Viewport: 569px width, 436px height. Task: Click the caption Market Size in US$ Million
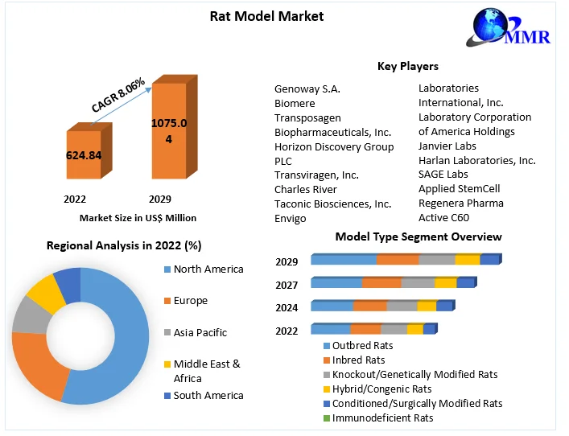tap(138, 217)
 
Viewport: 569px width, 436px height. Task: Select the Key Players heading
tap(407, 66)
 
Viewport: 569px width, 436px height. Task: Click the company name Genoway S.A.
tap(307, 88)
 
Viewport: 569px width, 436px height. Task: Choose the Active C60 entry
tap(443, 217)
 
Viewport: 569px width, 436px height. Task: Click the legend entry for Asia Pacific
tap(200, 332)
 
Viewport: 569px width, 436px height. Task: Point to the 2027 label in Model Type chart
tap(287, 285)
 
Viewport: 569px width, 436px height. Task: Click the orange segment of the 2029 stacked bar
tap(398, 260)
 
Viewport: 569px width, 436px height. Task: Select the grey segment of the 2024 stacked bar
tap(402, 306)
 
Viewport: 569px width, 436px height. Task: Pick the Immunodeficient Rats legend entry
tap(382, 417)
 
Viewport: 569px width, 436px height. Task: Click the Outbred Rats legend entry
tap(362, 345)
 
